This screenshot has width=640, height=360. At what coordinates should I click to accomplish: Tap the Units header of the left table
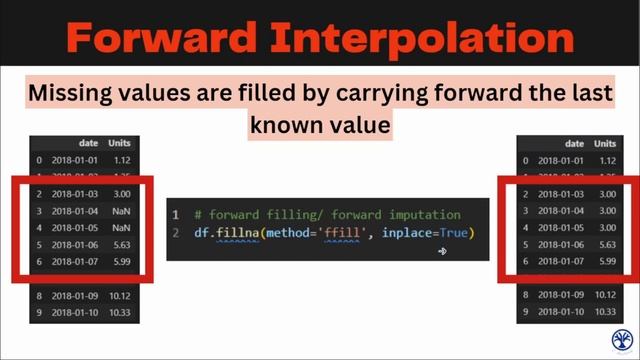click(x=119, y=143)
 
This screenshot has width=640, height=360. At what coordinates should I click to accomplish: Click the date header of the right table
click(x=574, y=143)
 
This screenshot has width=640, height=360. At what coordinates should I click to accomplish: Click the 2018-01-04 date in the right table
click(x=558, y=211)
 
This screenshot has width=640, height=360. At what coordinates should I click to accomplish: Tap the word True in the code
click(x=452, y=233)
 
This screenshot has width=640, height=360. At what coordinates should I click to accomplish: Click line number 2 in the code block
click(x=175, y=233)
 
